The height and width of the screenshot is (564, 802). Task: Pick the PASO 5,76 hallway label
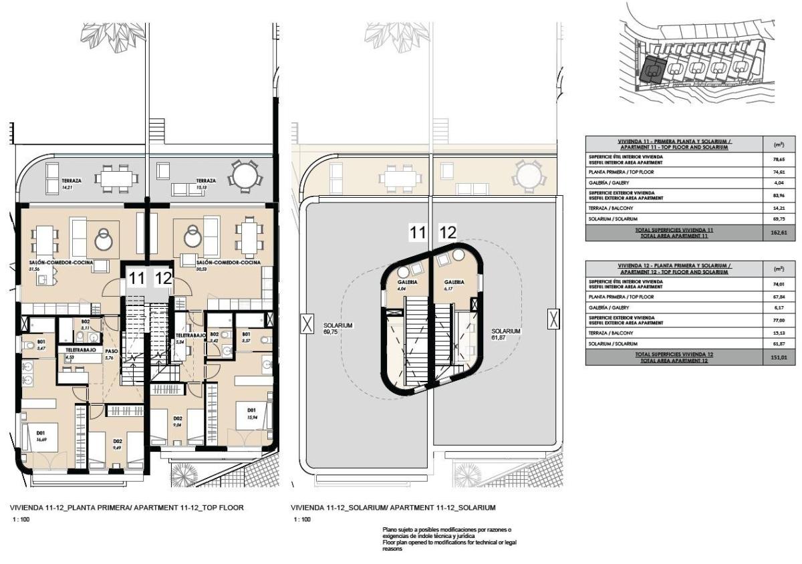[112, 354]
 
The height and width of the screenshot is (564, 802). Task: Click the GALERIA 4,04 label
[408, 285]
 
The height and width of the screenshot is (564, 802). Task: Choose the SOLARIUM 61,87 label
[505, 334]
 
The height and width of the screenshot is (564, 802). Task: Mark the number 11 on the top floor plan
[136, 277]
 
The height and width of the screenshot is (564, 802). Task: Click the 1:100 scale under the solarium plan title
[301, 519]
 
